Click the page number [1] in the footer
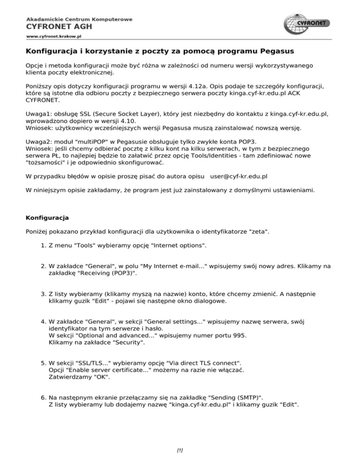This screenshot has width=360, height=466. click(x=180, y=450)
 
